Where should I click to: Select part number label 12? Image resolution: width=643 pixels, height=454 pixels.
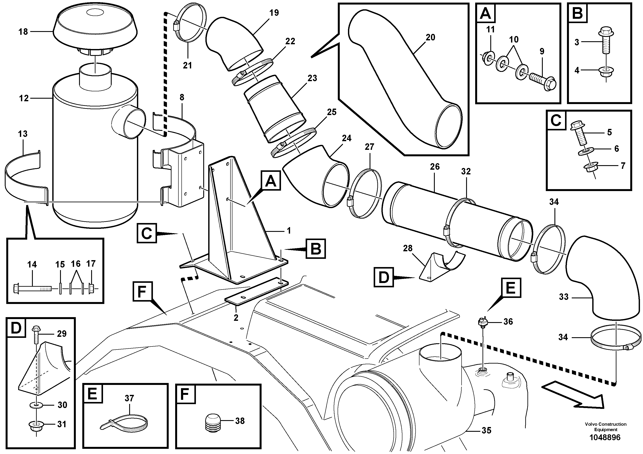coord(24,98)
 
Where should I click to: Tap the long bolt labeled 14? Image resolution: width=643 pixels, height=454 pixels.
coord(32,288)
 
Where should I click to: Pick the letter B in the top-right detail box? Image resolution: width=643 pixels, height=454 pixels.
coord(578,13)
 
